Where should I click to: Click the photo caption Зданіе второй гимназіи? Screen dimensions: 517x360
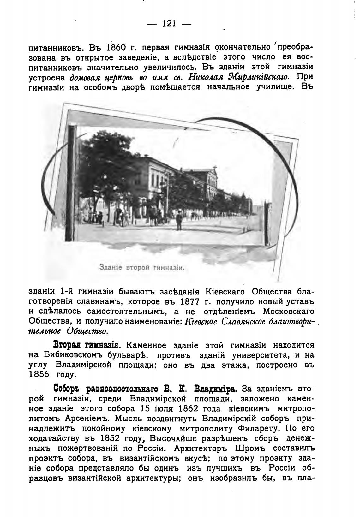(x=141, y=268)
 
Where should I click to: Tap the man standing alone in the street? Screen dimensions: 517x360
(x=179, y=220)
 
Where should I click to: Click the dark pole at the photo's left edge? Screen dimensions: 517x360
(x=71, y=183)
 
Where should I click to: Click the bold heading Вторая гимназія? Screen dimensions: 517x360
(x=86, y=345)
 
